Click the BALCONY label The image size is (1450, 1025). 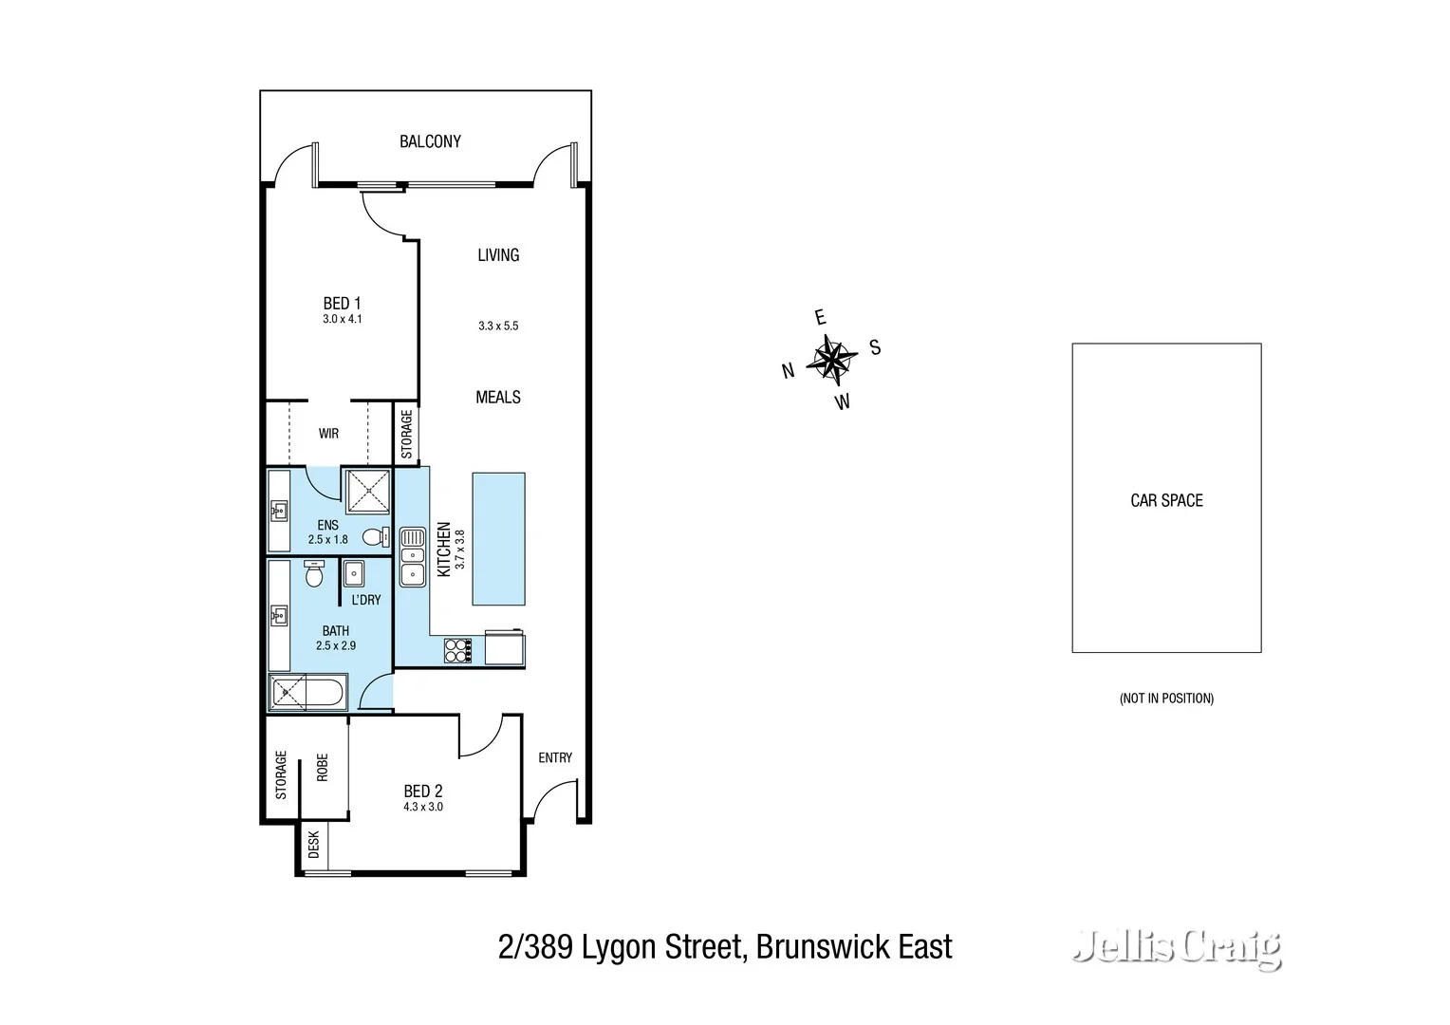pyautogui.click(x=430, y=141)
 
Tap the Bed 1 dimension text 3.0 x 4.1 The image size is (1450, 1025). pyautogui.click(x=342, y=319)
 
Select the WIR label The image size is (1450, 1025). pyautogui.click(x=328, y=434)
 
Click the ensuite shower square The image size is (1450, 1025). pyautogui.click(x=365, y=491)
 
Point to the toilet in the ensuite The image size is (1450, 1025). pyautogui.click(x=376, y=537)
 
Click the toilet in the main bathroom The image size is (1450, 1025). pyautogui.click(x=314, y=573)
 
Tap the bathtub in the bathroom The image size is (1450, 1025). pyautogui.click(x=308, y=691)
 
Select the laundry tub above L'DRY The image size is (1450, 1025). pyautogui.click(x=354, y=573)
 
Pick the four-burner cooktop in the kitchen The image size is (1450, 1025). pyautogui.click(x=457, y=650)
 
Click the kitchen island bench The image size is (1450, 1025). pyautogui.click(x=498, y=538)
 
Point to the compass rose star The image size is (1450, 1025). pyautogui.click(x=830, y=359)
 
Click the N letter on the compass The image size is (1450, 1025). pyautogui.click(x=788, y=371)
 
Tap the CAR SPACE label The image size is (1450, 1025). pyautogui.click(x=1166, y=500)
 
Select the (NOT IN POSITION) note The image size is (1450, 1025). pyautogui.click(x=1166, y=699)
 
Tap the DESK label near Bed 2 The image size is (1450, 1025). pyautogui.click(x=314, y=845)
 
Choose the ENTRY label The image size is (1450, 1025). pyautogui.click(x=555, y=757)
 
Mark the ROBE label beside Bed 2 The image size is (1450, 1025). pyautogui.click(x=323, y=767)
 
